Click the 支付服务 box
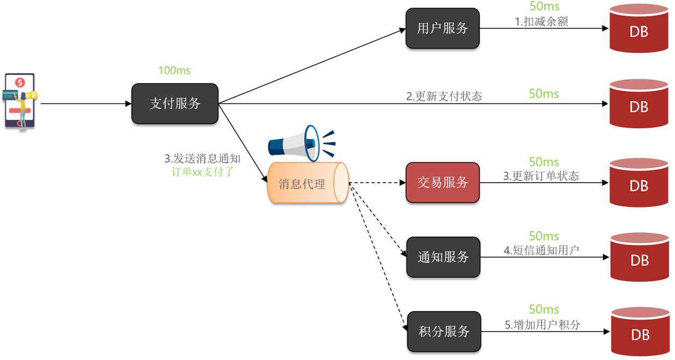pyautogui.click(x=175, y=103)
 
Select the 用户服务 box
pyautogui.click(x=442, y=29)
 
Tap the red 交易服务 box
pyautogui.click(x=442, y=183)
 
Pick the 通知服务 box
pyautogui.click(x=443, y=257)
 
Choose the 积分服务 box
pyautogui.click(x=444, y=331)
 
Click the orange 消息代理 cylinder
pyautogui.click(x=308, y=183)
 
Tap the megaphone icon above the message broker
pyautogui.click(x=302, y=143)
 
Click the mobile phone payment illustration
pyautogui.click(x=20, y=102)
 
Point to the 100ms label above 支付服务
pyautogui.click(x=174, y=71)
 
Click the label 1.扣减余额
pyautogui.click(x=541, y=22)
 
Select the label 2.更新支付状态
pyautogui.click(x=444, y=96)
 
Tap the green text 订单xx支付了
pyautogui.click(x=202, y=172)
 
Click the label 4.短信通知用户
pyautogui.click(x=541, y=251)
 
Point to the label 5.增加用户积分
pyautogui.click(x=543, y=325)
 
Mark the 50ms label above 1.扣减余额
pyautogui.click(x=544, y=7)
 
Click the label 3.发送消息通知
pyautogui.click(x=202, y=159)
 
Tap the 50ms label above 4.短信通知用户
pyautogui.click(x=544, y=236)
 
